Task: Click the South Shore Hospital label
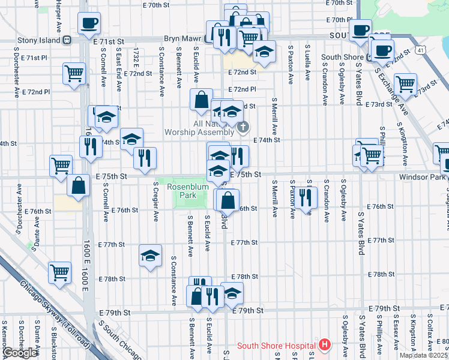point(276,346)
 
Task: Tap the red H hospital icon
point(325,345)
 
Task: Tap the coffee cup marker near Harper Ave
point(89,23)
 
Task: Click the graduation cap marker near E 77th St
point(150,256)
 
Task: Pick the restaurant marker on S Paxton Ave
point(308,195)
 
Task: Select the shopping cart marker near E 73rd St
point(406,84)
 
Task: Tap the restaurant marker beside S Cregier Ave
point(145,157)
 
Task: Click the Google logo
point(20,353)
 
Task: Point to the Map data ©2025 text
point(423,355)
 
